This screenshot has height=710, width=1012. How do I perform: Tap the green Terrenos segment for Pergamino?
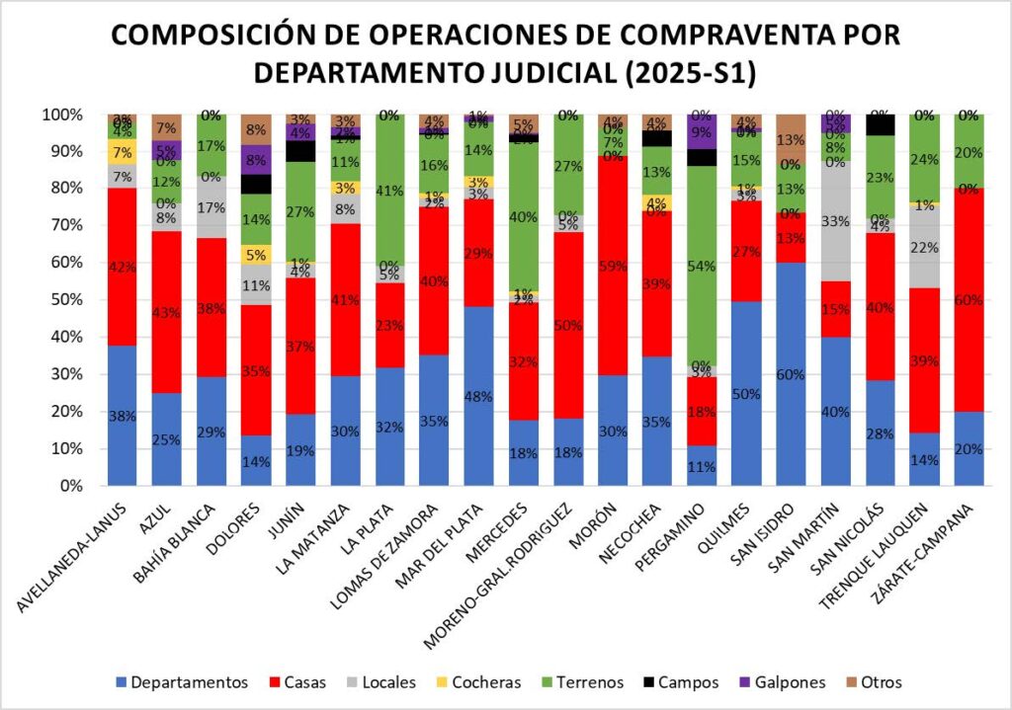click(x=701, y=267)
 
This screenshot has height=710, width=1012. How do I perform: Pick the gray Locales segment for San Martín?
click(x=835, y=221)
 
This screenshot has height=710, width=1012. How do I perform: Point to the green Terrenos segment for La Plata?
click(x=387, y=188)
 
